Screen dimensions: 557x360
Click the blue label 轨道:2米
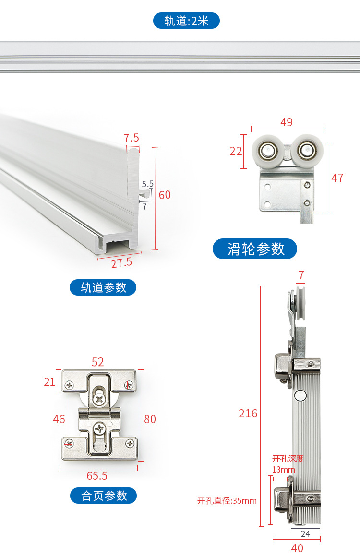[x=186, y=21]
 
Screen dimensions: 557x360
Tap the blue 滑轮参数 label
[x=255, y=249]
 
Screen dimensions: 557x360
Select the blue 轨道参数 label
[x=103, y=287]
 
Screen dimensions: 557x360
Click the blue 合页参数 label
[x=104, y=496]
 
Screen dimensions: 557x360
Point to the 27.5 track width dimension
[x=121, y=262]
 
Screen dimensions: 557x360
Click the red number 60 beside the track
[x=165, y=195]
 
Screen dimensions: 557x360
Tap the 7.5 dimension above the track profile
[x=131, y=138]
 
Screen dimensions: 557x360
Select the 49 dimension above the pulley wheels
[x=287, y=122]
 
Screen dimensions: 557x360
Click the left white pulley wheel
[x=267, y=151]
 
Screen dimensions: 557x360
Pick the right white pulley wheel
[x=306, y=150]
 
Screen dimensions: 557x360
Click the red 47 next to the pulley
[x=337, y=178]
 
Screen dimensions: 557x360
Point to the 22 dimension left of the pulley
[x=236, y=151]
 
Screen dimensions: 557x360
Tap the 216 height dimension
[x=248, y=413]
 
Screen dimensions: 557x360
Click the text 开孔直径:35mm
[x=227, y=501]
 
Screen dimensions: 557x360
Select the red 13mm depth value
[x=283, y=469]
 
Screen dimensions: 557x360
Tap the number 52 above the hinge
[x=97, y=362]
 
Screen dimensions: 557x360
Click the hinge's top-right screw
[x=129, y=385]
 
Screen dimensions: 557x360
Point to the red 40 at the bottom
[x=297, y=547]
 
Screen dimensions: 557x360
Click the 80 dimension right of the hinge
[x=150, y=419]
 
